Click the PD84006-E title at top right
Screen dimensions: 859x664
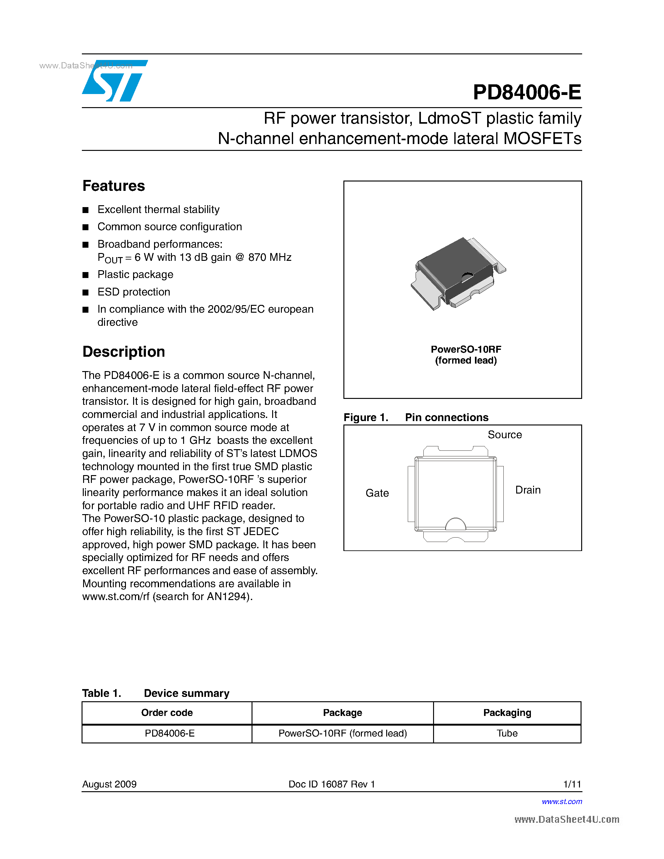pyautogui.click(x=527, y=92)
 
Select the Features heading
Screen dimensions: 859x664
pyautogui.click(x=114, y=186)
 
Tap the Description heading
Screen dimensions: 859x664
pyautogui.click(x=123, y=352)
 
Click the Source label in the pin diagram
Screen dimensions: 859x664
pyautogui.click(x=505, y=434)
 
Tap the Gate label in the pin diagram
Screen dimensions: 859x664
pyautogui.click(x=377, y=493)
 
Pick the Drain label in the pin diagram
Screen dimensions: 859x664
pyautogui.click(x=527, y=490)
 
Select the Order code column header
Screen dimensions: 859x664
pyautogui.click(x=167, y=713)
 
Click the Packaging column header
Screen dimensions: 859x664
pyautogui.click(x=507, y=713)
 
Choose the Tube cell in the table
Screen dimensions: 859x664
pyautogui.click(x=507, y=733)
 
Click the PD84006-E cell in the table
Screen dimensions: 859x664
pyautogui.click(x=170, y=733)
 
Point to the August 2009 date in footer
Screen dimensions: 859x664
pyautogui.click(x=109, y=784)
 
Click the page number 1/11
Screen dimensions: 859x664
pyautogui.click(x=572, y=784)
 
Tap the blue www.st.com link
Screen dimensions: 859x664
pyautogui.click(x=562, y=802)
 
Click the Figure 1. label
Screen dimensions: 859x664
pyautogui.click(x=366, y=417)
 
